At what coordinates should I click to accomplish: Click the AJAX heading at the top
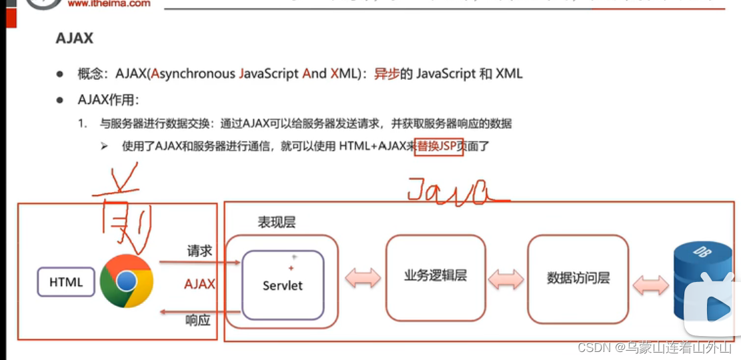[74, 38]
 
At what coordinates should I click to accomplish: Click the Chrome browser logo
[126, 281]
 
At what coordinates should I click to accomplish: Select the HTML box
[66, 282]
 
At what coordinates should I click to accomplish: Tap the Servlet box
[282, 285]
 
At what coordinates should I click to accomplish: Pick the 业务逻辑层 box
[436, 277]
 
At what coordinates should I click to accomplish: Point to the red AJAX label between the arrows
[199, 285]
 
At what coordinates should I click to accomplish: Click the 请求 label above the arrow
[199, 251]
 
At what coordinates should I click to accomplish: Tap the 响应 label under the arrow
[198, 321]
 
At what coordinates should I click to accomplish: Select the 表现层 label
[276, 223]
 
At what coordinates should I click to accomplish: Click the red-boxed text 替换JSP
[439, 146]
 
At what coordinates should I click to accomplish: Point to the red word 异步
[386, 74]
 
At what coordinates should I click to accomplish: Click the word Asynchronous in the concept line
[193, 74]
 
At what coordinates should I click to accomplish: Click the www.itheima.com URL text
[109, 4]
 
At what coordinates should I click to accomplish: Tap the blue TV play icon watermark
[710, 307]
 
